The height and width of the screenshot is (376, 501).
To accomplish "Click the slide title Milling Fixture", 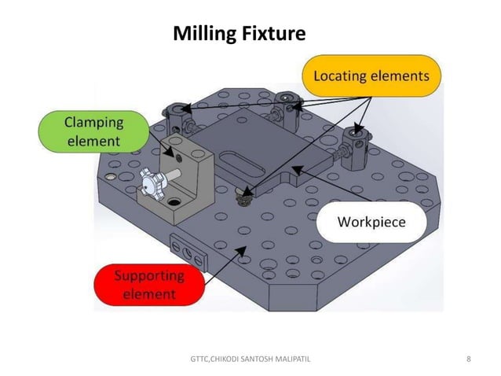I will pyautogui.click(x=239, y=34).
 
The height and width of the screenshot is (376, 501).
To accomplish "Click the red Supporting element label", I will pyautogui.click(x=149, y=286).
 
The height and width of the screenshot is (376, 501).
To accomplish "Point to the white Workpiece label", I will pyautogui.click(x=371, y=222).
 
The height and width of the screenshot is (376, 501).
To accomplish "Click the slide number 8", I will pyautogui.click(x=469, y=359).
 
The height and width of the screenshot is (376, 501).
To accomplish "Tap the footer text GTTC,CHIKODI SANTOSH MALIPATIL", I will pyautogui.click(x=251, y=359).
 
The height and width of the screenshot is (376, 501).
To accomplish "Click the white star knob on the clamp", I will pyautogui.click(x=148, y=182).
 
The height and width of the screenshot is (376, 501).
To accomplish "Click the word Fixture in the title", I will pyautogui.click(x=273, y=34).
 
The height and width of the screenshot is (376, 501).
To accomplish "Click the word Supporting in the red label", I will pyautogui.click(x=149, y=276).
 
